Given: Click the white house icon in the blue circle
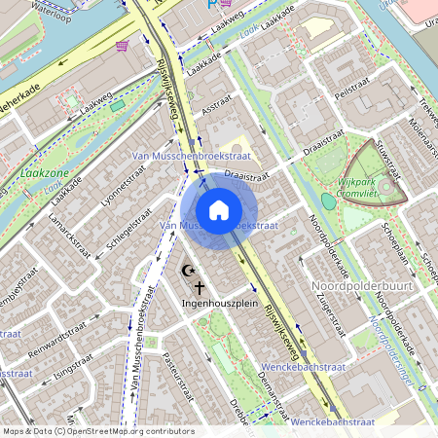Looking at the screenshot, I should pyautogui.click(x=219, y=209).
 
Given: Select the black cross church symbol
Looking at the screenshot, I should pyautogui.click(x=201, y=287).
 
